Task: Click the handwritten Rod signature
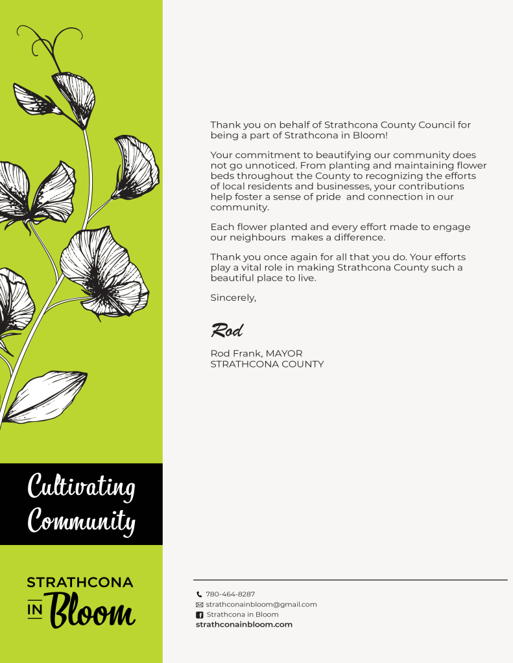click(x=226, y=331)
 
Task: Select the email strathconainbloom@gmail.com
click(x=261, y=605)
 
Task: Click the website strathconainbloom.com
click(x=244, y=625)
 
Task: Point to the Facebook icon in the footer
click(x=200, y=615)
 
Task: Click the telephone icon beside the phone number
click(x=200, y=594)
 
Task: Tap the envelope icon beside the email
click(x=200, y=605)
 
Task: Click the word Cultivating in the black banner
click(x=81, y=487)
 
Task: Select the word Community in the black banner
click(x=82, y=520)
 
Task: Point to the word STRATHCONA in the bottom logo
click(x=80, y=583)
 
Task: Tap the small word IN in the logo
click(x=34, y=611)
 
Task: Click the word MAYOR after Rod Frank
click(x=284, y=354)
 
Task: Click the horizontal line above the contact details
click(x=350, y=580)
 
